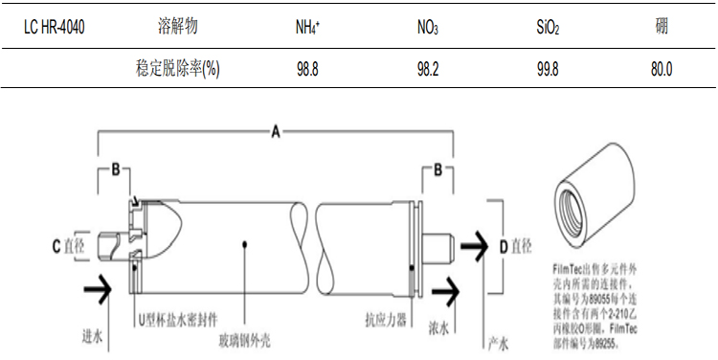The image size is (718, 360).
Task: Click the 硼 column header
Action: click(x=662, y=27)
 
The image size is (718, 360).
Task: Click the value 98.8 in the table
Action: click(x=307, y=70)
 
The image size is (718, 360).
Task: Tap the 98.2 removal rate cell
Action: click(x=427, y=70)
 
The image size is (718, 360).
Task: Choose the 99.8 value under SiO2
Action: click(x=548, y=70)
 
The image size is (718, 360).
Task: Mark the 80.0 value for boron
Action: click(x=662, y=70)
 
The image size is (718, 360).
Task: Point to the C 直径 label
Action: click(x=68, y=246)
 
